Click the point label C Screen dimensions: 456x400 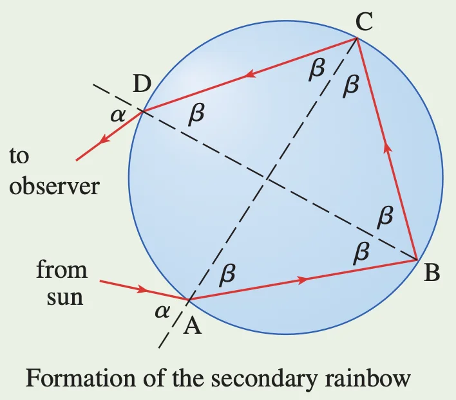[x=364, y=22]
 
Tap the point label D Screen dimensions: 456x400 [x=142, y=84]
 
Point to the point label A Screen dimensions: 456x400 [x=192, y=325]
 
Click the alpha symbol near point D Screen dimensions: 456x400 [x=118, y=116]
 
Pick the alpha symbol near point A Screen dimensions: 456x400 [x=162, y=312]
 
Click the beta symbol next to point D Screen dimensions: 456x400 [x=196, y=114]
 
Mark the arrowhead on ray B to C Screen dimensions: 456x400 [x=387, y=147]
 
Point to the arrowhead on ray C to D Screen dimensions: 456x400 [x=250, y=75]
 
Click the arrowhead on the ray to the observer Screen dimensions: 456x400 [x=104, y=139]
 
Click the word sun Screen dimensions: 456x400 [x=65, y=298]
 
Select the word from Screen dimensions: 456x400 [x=62, y=269]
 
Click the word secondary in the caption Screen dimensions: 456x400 [x=264, y=379]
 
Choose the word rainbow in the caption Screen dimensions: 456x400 [x=367, y=378]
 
